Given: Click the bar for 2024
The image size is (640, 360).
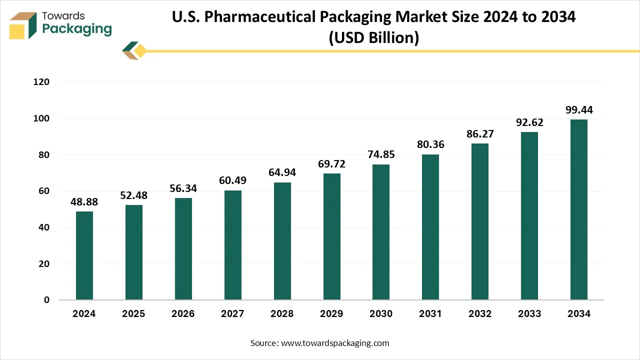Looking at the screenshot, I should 84,255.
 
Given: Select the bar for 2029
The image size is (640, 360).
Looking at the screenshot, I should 331,236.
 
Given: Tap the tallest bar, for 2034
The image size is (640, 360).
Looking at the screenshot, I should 579,209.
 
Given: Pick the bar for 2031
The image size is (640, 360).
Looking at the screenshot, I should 430,227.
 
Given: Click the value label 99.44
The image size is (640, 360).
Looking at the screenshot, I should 579,110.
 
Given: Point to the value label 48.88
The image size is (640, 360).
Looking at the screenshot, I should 84,202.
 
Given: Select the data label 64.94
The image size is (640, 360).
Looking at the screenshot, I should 282,173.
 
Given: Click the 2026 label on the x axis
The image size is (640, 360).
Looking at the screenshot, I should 183,314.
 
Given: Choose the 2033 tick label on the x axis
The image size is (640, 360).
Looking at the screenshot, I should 529,314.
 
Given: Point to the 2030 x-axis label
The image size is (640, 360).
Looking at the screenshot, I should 381,314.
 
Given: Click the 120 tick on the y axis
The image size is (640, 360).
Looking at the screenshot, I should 42,82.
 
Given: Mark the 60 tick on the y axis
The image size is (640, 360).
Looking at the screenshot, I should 44,191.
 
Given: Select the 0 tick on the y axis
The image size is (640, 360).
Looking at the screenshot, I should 46,300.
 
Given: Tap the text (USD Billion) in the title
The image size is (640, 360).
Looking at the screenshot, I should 373,37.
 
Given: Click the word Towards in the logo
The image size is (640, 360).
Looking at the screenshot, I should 63,16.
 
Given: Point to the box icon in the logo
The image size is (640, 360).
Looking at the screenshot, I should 23,25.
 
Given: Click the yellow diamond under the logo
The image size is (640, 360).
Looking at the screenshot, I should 140,50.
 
